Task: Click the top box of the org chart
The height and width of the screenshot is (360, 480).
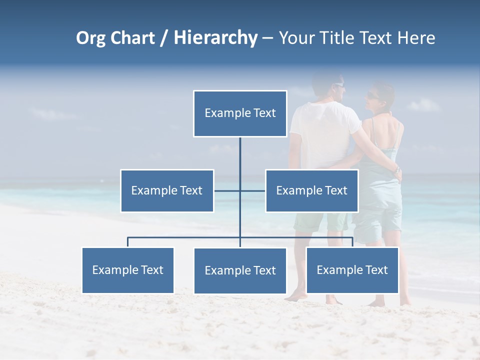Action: point(240,113)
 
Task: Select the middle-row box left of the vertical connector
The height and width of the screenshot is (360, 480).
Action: point(167,190)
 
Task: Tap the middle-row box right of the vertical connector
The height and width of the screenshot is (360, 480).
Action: point(311,190)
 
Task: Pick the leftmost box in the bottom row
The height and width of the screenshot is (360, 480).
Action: point(127,270)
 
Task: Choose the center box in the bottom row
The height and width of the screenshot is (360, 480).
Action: point(240,270)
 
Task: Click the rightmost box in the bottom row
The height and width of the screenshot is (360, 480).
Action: point(352,270)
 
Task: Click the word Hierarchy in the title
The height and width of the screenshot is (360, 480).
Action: point(215,38)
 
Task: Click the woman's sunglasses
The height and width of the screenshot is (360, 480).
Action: point(372,95)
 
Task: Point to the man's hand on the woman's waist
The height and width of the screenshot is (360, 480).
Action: point(397,172)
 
